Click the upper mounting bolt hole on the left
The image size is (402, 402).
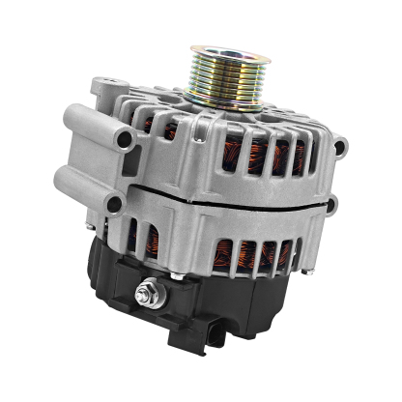coord(125,140)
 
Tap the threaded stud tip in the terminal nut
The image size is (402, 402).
coord(152,288)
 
